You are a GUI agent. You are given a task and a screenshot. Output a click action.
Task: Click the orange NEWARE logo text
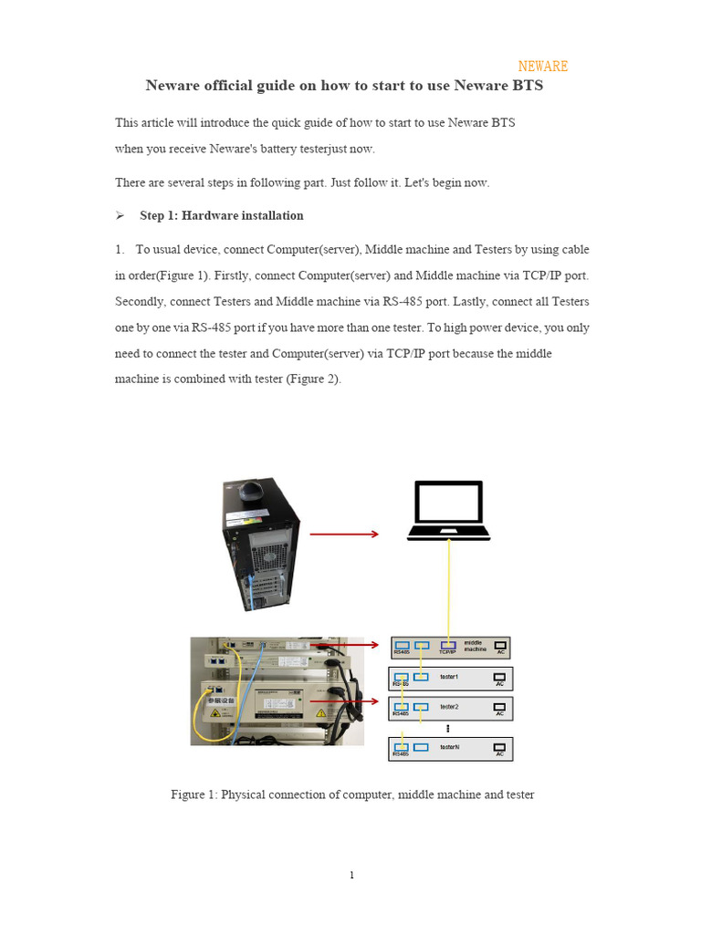[542, 67]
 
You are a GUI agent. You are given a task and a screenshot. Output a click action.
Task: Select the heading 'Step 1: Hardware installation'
[221, 216]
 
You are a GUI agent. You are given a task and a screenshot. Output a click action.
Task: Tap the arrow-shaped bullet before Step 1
[120, 216]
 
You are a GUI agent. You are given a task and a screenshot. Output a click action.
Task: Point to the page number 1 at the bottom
[351, 876]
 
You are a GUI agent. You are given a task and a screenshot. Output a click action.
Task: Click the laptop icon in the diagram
[448, 511]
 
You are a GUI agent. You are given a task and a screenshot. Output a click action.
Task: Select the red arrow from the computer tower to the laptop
[344, 534]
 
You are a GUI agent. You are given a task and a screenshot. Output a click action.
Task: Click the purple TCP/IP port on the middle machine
[447, 646]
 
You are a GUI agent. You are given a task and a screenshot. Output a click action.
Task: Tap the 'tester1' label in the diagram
[449, 677]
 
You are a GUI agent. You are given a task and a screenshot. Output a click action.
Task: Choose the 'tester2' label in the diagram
[449, 707]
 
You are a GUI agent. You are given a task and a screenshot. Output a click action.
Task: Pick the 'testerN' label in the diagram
[449, 747]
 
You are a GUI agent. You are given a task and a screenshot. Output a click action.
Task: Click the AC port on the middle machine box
[499, 646]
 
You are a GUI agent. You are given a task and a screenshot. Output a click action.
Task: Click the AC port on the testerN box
[499, 747]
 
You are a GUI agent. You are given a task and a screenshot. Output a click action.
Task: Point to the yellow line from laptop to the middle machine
[448, 588]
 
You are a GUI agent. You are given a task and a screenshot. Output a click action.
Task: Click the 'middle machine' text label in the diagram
[475, 646]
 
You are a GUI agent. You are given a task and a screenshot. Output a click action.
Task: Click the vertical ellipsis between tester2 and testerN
[448, 728]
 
